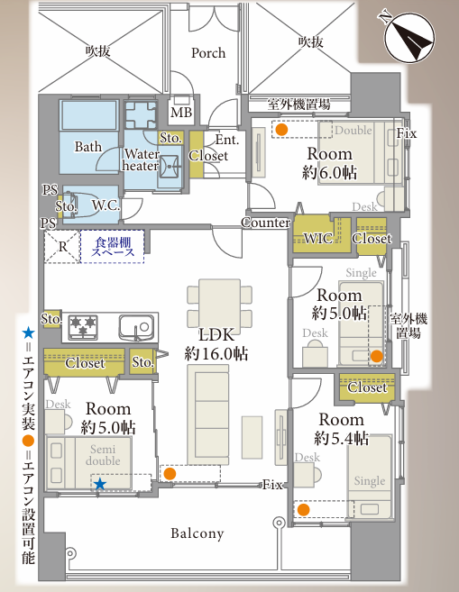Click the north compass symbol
[409, 37]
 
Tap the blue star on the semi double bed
[100, 483]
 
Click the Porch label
[208, 53]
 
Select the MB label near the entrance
[181, 112]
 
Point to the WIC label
[318, 238]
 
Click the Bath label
[88, 147]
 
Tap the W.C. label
[106, 205]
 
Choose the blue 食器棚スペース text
[113, 247]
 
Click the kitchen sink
[137, 327]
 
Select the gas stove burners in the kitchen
[83, 326]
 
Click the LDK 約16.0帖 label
[216, 344]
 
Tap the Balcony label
[197, 533]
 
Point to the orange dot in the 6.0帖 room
[281, 130]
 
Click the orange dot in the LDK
[170, 473]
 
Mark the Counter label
[266, 223]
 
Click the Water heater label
[140, 159]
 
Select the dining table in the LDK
[219, 303]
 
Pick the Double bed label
[353, 131]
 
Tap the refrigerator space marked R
[63, 247]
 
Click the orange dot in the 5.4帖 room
[303, 510]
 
